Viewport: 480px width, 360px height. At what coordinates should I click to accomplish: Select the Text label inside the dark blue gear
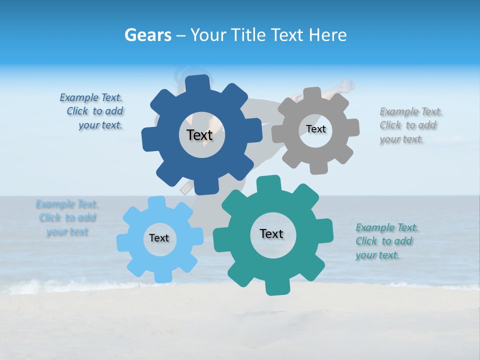[199, 135]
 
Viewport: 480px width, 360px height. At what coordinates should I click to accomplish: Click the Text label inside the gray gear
[315, 129]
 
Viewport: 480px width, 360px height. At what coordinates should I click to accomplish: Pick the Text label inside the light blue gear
[159, 238]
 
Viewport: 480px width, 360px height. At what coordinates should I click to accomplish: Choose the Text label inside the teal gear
[271, 233]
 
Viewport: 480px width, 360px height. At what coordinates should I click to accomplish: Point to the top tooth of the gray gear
[311, 93]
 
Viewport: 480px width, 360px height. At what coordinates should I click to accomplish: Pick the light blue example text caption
[67, 218]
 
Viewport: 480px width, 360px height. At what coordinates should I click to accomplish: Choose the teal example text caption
[386, 241]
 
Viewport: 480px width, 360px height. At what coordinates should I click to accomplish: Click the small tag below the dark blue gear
[186, 189]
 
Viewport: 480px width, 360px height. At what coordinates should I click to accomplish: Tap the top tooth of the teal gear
[269, 182]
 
